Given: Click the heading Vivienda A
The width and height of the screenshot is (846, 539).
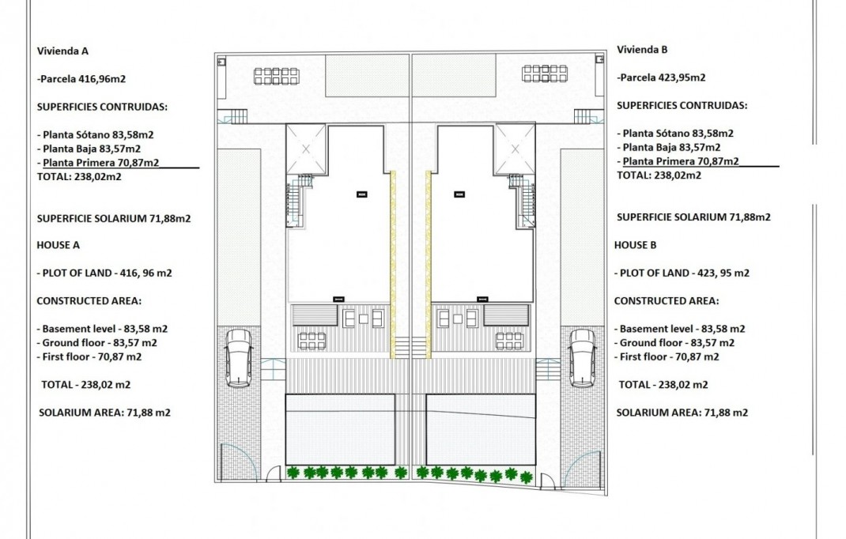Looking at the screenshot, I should pos(62,51).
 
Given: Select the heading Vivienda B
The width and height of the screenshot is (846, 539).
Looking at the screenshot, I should pos(642,49).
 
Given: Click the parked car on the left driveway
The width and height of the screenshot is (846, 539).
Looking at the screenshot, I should pos(238,358).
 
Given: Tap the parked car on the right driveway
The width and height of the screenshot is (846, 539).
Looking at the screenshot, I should pos(582,358).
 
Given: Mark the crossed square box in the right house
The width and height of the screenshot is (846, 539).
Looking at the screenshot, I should pos(514,149).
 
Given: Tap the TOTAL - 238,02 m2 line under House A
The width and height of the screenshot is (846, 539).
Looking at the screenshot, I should pos(85,385).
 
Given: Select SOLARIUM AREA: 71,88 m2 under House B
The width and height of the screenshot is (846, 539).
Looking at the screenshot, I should pos(682,412).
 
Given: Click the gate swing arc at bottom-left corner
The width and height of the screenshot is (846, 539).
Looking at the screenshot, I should pos(234,462).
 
